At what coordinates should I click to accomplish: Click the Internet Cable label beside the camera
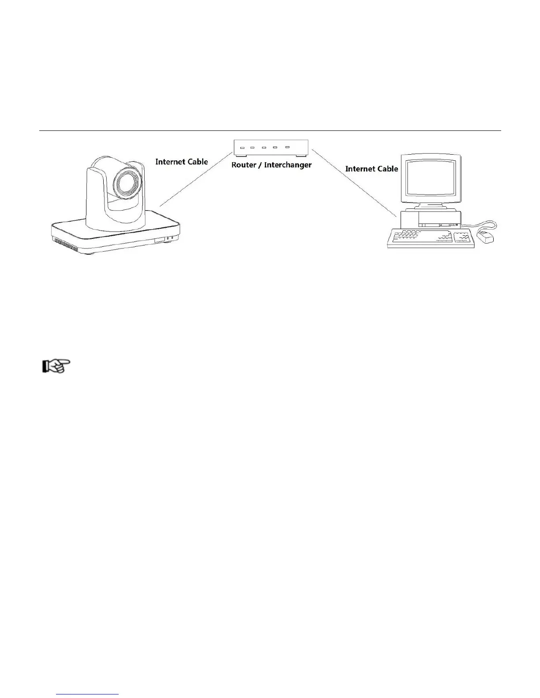click(x=181, y=162)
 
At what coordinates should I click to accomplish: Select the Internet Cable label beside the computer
click(x=371, y=169)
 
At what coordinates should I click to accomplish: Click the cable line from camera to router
click(x=197, y=179)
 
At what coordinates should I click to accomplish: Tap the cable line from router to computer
click(x=353, y=182)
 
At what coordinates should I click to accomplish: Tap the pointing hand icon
click(x=56, y=366)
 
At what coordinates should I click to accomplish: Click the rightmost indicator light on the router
click(x=287, y=147)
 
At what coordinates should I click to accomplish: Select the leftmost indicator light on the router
click(x=242, y=148)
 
